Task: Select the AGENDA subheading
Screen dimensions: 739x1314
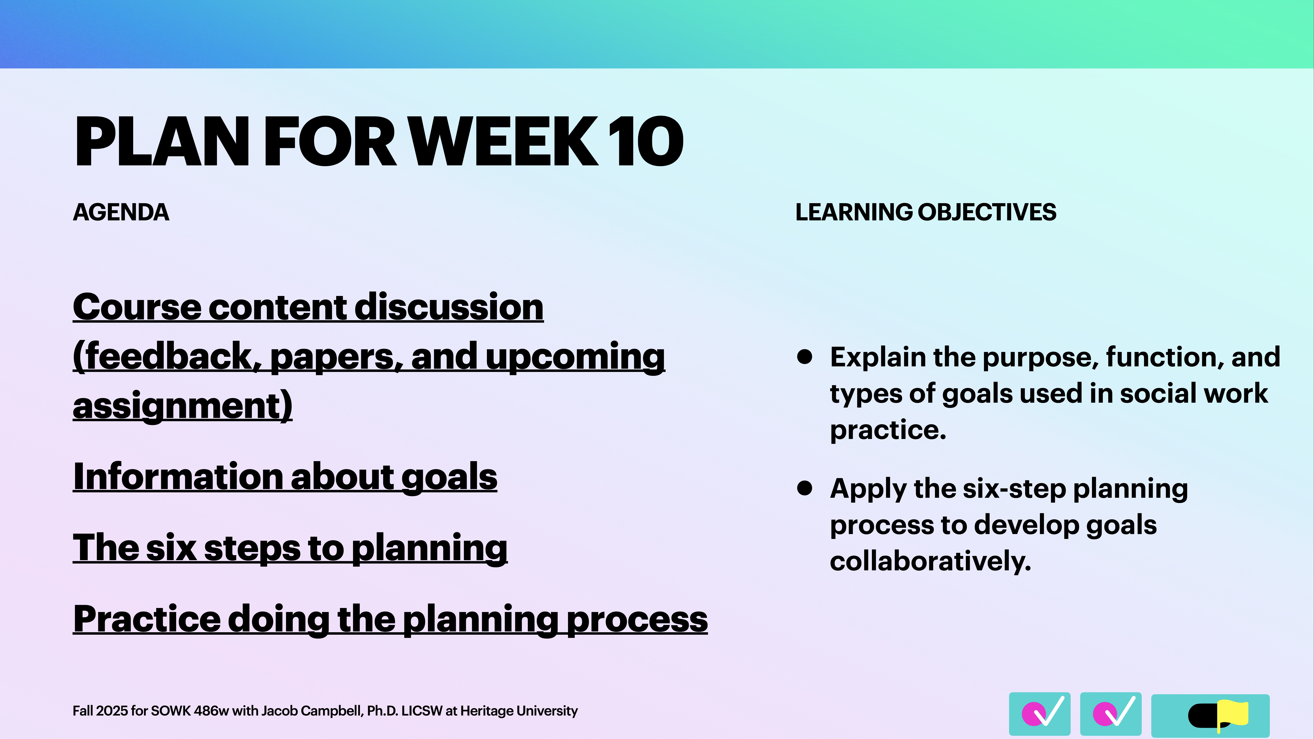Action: [121, 212]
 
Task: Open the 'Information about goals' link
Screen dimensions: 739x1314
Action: [285, 477]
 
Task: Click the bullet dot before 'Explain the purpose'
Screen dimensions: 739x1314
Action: [804, 357]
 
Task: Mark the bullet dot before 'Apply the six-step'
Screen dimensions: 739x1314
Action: [804, 488]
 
